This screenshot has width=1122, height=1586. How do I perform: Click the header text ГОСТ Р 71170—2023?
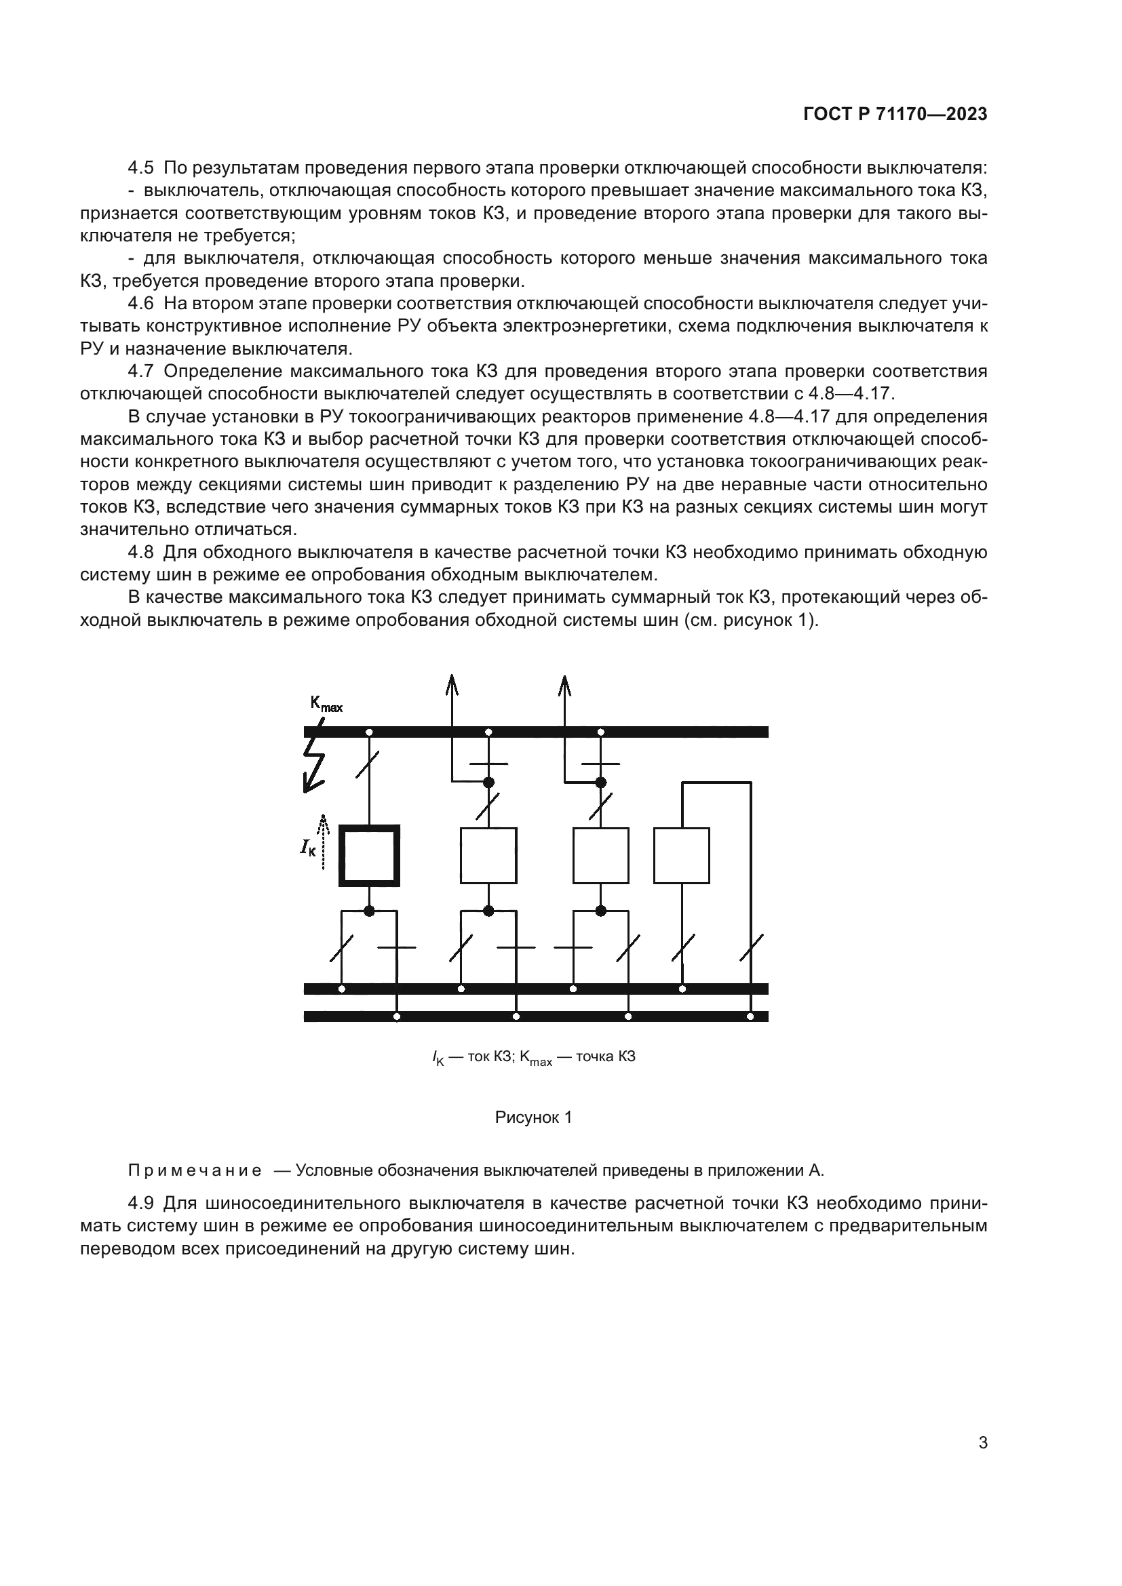[x=895, y=115]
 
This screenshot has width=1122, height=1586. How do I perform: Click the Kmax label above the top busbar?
[x=326, y=704]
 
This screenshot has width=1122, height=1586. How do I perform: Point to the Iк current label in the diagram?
[x=307, y=848]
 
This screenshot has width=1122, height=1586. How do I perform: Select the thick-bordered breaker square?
[x=369, y=855]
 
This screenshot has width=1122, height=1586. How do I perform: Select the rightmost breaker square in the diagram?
[x=681, y=855]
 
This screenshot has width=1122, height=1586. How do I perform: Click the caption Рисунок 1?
[x=533, y=1117]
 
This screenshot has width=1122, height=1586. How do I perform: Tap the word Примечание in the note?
[x=195, y=1170]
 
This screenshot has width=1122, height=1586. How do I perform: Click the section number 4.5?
[x=141, y=168]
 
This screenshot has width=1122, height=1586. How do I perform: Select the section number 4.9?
[x=141, y=1204]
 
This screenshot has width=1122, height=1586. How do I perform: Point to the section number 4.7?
[x=141, y=372]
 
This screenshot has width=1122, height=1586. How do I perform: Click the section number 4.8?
[x=141, y=553]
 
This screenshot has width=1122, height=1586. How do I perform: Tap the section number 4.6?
[x=141, y=304]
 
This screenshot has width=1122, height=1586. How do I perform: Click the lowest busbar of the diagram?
[x=535, y=1016]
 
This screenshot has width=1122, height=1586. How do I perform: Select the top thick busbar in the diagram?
[x=535, y=732]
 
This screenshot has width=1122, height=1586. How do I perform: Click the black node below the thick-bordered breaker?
[x=369, y=911]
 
